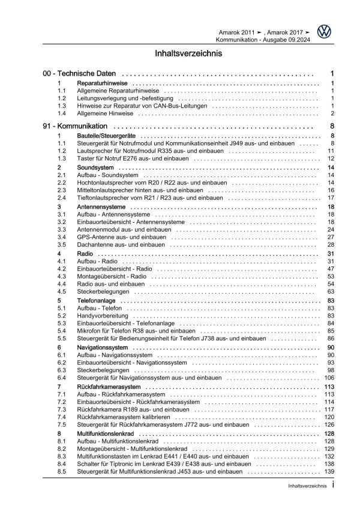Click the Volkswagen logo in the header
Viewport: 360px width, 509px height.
(326, 32)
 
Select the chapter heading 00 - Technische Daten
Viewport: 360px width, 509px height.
(76, 73)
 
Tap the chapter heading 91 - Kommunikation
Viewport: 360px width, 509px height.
(75, 127)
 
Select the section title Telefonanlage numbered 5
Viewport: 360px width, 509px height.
(96, 300)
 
